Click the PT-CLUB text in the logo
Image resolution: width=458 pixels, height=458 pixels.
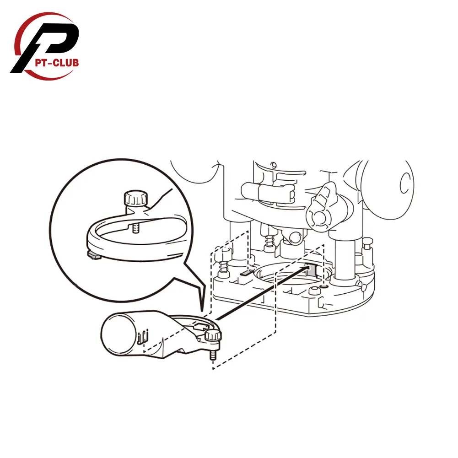coord(57,62)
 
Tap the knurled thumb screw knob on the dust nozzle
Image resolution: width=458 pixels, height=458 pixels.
coord(213,337)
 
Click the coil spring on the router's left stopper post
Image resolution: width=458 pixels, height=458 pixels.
coord(224,268)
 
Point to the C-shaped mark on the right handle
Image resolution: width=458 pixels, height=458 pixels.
coord(404,183)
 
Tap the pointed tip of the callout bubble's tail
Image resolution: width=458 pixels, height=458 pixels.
coord(202,313)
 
